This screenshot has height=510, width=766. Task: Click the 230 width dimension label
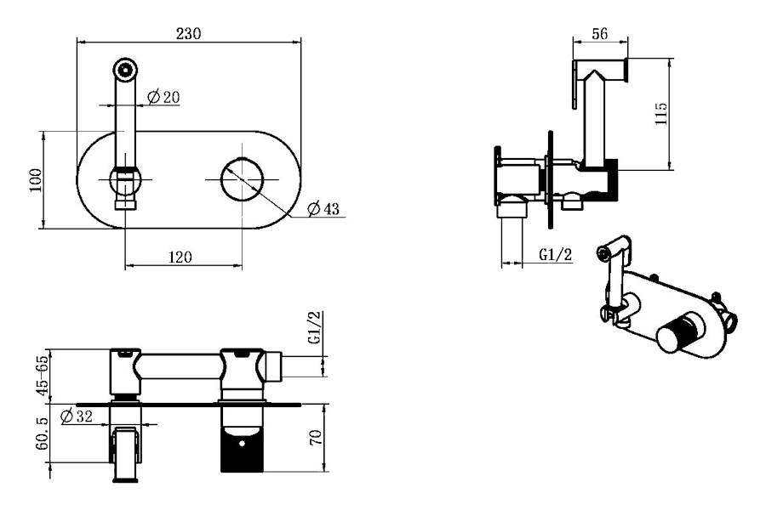(189, 34)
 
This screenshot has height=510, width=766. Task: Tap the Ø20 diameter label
(163, 97)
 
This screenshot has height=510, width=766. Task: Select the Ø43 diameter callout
(323, 209)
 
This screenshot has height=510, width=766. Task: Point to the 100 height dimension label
(36, 180)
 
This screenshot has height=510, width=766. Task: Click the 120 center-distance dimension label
(180, 257)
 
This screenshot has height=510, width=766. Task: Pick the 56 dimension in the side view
(600, 34)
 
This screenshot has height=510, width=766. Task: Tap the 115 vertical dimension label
(660, 113)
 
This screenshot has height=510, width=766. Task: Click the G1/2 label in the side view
(556, 254)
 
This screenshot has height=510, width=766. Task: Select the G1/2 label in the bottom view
(316, 327)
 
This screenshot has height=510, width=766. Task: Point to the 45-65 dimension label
(43, 376)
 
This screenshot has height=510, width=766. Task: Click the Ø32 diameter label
(77, 416)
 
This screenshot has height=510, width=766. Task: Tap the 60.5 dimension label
(43, 433)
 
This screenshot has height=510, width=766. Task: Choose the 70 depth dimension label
(316, 437)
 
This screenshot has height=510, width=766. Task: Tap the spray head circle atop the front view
(126, 69)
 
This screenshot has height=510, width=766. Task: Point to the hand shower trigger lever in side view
(575, 83)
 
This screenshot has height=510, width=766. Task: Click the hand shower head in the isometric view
(613, 248)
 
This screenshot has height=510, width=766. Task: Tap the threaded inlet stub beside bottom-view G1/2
(273, 366)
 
